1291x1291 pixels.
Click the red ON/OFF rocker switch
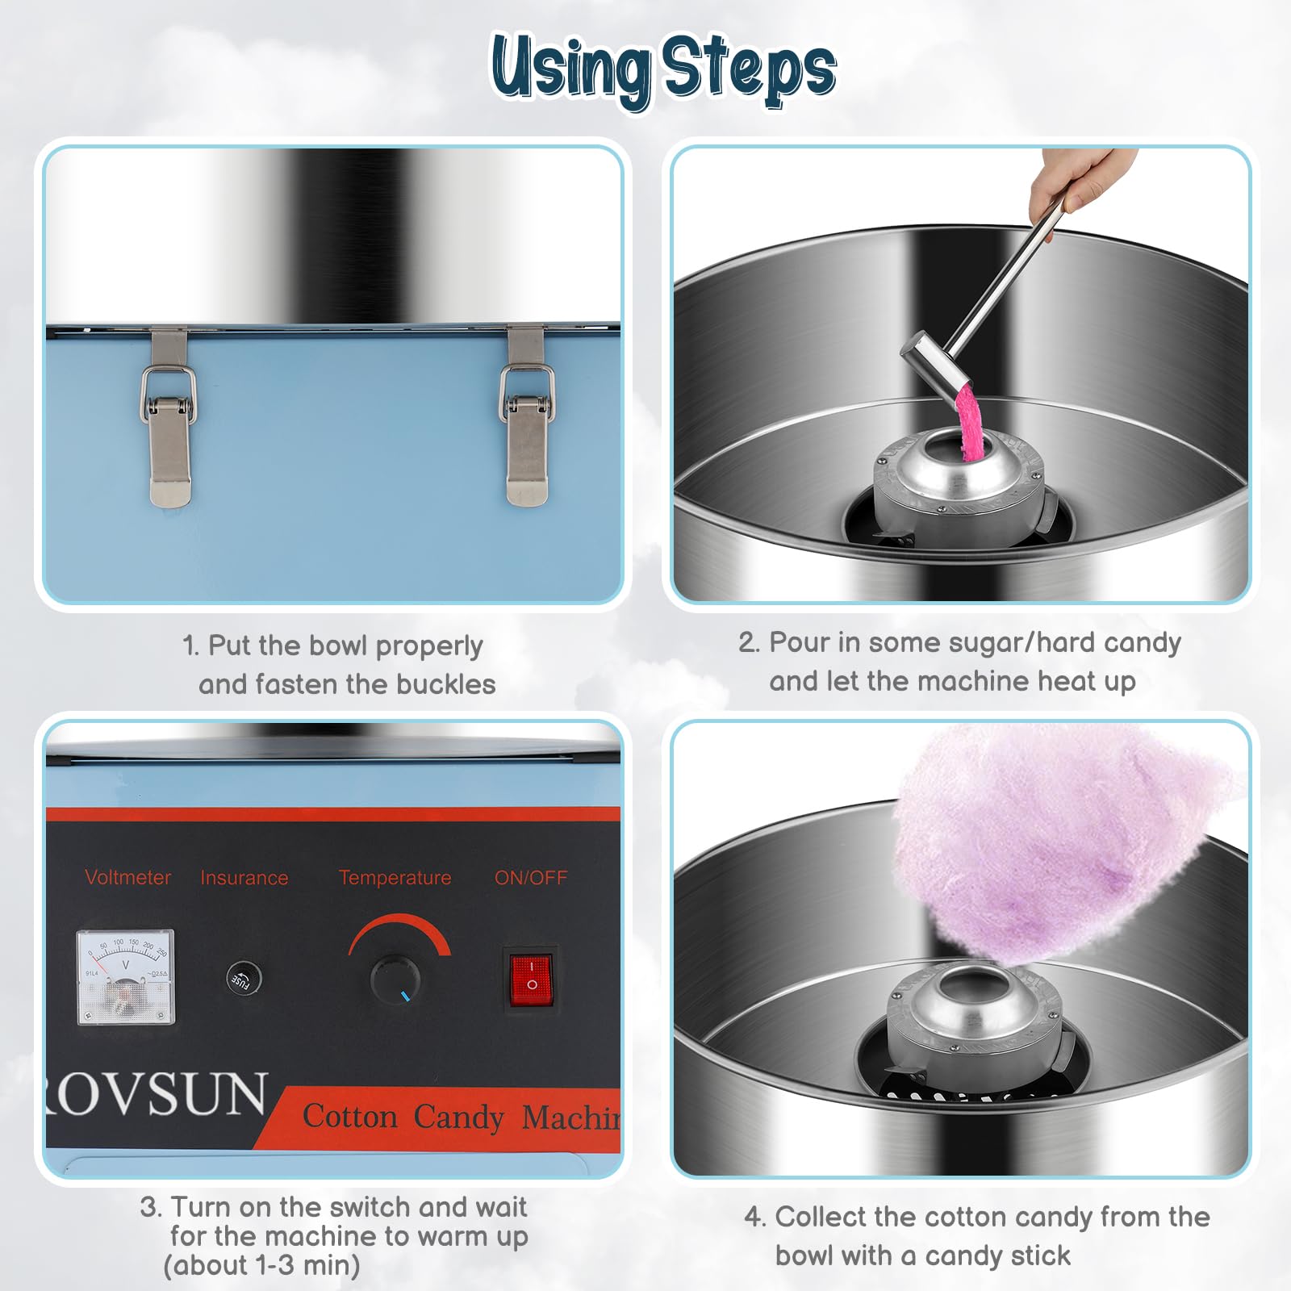[x=530, y=977]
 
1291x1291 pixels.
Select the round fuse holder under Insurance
[x=244, y=978]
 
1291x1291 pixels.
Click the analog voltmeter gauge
[x=125, y=977]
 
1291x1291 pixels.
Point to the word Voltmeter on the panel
[x=127, y=877]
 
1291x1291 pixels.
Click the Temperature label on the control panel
[x=395, y=877]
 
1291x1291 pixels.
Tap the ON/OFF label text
[x=530, y=877]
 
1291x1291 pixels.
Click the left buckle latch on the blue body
[x=169, y=420]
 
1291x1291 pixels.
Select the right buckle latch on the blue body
[x=527, y=420]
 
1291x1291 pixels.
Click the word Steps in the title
[x=749, y=69]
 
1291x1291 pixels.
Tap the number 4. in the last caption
[x=754, y=1217]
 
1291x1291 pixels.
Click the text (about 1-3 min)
[x=261, y=1265]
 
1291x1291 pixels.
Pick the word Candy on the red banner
[x=458, y=1117]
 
